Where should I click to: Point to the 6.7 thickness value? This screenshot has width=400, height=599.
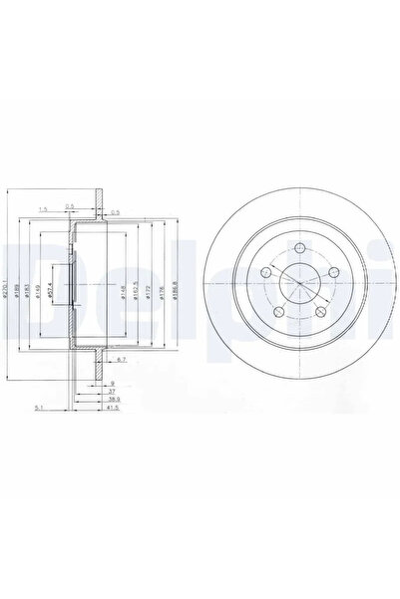120,358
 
